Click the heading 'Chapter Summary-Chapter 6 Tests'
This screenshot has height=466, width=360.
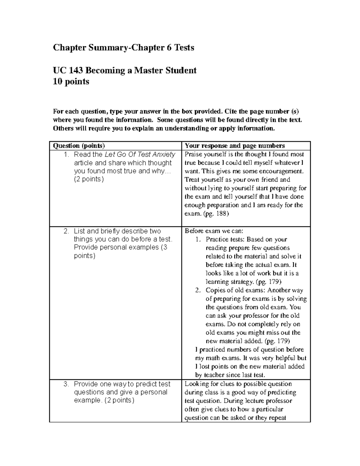pyautogui.click(x=123, y=48)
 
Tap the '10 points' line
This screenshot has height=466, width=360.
pyautogui.click(x=71, y=82)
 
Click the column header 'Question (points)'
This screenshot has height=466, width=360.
pyautogui.click(x=79, y=146)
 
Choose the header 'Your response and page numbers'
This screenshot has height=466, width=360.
pyautogui.click(x=235, y=146)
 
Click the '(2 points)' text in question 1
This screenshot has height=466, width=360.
pyautogui.click(x=89, y=179)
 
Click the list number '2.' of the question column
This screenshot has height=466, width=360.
pyautogui.click(x=66, y=231)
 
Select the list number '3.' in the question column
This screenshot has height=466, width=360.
pyautogui.click(x=66, y=384)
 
